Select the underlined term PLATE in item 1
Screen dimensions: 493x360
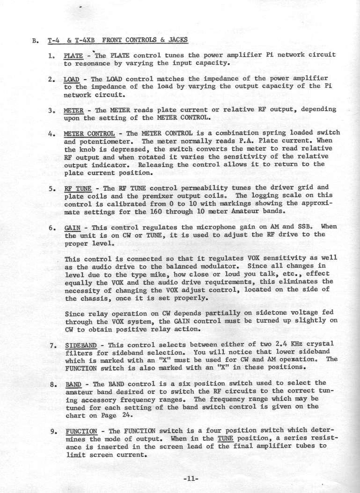[73, 55]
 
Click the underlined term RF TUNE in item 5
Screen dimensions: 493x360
[76, 190]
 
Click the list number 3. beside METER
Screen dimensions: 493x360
[52, 110]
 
